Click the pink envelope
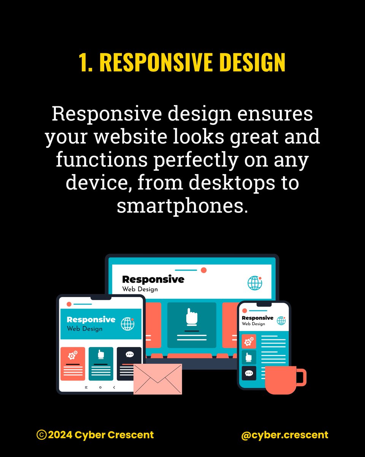pyautogui.click(x=157, y=379)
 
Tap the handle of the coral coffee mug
pyautogui.click(x=301, y=376)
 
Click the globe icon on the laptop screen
pyautogui.click(x=255, y=283)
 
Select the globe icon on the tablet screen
pyautogui.click(x=128, y=324)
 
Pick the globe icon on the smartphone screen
pyautogui.click(x=281, y=320)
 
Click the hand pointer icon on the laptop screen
pyautogui.click(x=192, y=317)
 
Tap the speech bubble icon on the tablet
pyautogui.click(x=129, y=355)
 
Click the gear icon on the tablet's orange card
pyautogui.click(x=72, y=356)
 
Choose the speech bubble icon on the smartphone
pyautogui.click(x=249, y=373)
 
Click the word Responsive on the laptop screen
pyautogui.click(x=153, y=280)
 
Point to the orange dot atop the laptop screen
pyautogui.click(x=203, y=270)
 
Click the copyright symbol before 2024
pyautogui.click(x=41, y=435)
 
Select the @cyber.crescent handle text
pyautogui.click(x=284, y=435)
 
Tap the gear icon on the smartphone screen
pyautogui.click(x=249, y=342)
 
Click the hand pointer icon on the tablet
pyautogui.click(x=101, y=355)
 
